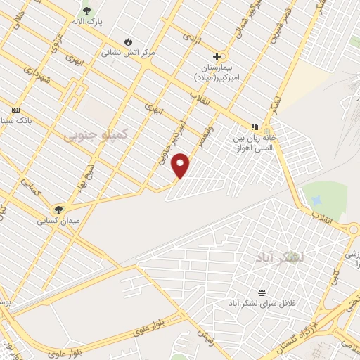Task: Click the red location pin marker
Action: tap(181, 165)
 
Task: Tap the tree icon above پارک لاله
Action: tap(87, 11)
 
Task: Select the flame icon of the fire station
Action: tap(127, 41)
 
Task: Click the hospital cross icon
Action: tap(217, 56)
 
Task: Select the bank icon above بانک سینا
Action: tap(15, 110)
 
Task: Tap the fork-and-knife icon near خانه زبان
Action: tap(255, 127)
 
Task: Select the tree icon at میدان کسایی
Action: tap(59, 209)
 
